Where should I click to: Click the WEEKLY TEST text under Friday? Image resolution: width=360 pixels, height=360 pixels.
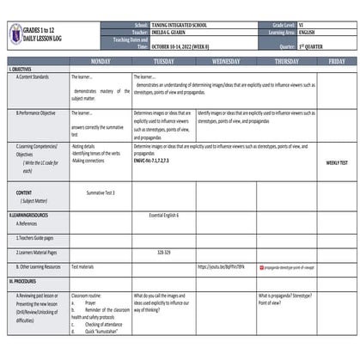pyautogui.click(x=337, y=162)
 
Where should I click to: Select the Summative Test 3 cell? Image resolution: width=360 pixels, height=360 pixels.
pyautogui.click(x=100, y=192)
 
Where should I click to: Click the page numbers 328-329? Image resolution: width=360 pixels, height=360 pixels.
pyautogui.click(x=164, y=253)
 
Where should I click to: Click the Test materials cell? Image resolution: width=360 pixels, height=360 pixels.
pyautogui.click(x=85, y=267)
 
